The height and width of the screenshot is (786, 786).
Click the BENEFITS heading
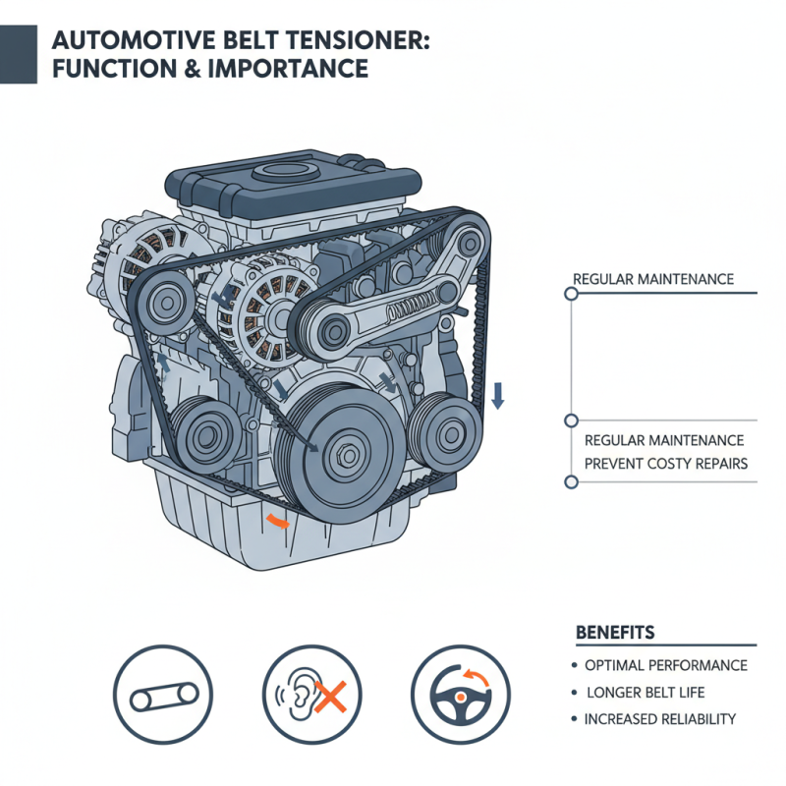click(x=614, y=631)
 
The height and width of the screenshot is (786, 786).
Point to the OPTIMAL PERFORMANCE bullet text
click(x=665, y=665)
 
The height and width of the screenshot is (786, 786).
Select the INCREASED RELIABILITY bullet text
click(x=659, y=719)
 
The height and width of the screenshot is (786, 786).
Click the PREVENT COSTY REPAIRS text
click(x=665, y=463)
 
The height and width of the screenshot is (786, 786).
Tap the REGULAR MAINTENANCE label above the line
click(x=652, y=280)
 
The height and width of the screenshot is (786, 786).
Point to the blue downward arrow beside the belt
click(x=498, y=396)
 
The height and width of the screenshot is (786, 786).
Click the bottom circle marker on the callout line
click(x=571, y=482)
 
